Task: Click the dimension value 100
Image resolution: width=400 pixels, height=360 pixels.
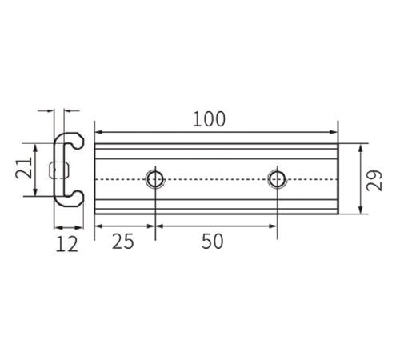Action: [x=209, y=119]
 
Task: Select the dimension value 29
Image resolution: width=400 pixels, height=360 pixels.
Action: [x=374, y=180]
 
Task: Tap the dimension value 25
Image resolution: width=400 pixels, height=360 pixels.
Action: [x=123, y=242]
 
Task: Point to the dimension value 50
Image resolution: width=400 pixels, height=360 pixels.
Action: [x=212, y=242]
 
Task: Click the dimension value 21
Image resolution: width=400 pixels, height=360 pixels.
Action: [x=23, y=168]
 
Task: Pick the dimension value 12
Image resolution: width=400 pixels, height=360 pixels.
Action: [x=67, y=244]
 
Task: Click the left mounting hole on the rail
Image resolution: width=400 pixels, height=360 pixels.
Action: [x=155, y=179]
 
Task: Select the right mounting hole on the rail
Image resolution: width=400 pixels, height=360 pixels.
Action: [x=278, y=179]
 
